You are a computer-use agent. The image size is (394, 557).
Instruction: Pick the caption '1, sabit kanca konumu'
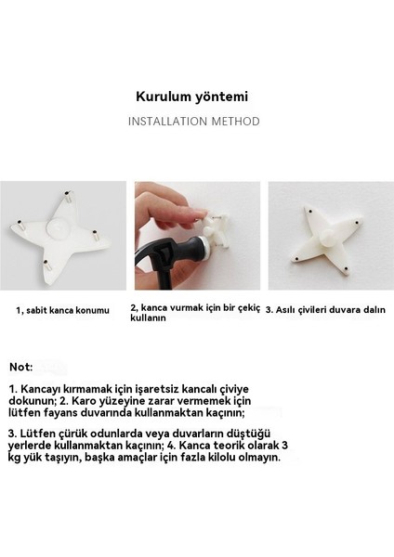pos(62,309)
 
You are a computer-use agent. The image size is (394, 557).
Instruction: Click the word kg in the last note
pos(16,458)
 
